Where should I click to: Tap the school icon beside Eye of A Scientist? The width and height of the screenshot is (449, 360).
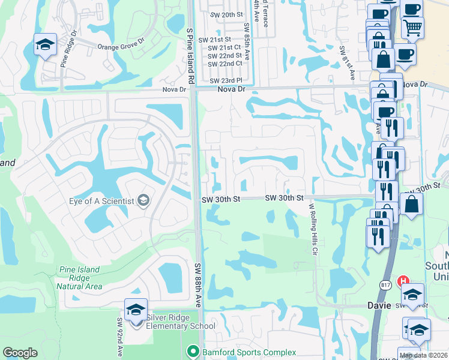143,200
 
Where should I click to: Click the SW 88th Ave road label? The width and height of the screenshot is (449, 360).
197,285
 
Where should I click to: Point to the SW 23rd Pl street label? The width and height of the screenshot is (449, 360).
226,80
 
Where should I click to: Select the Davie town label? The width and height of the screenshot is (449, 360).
379,305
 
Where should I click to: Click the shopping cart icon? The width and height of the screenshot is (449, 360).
413,26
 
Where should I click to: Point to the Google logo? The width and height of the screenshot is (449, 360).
20,353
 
